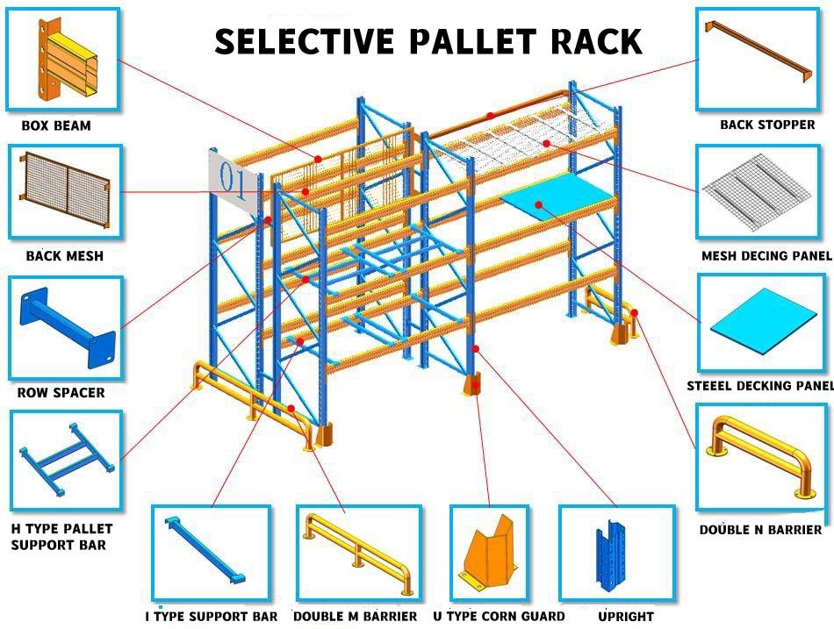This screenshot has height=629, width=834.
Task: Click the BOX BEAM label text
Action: click(x=56, y=125)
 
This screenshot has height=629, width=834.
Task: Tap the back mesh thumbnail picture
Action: click(x=65, y=191)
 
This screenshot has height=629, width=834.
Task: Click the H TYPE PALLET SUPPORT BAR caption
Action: click(x=61, y=537)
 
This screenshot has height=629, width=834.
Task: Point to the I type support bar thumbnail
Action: click(x=211, y=552)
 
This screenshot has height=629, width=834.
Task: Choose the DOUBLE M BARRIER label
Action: click(x=355, y=617)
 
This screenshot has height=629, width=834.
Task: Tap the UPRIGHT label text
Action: click(x=626, y=617)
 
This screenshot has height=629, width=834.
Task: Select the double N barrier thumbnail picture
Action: click(x=760, y=456)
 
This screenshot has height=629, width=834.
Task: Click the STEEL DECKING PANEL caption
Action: click(x=760, y=386)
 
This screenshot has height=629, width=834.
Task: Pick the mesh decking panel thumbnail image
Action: click(x=760, y=192)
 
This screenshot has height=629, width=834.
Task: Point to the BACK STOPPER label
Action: click(x=767, y=125)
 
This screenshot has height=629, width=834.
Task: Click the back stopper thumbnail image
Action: click(x=760, y=59)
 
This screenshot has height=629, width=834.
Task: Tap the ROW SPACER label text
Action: click(x=61, y=393)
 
